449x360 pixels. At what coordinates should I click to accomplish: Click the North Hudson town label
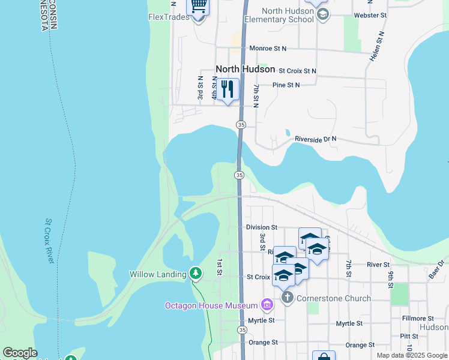[x=245, y=69]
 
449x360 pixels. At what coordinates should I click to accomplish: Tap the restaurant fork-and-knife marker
[x=228, y=90]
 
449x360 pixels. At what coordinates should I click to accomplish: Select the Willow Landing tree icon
[x=195, y=274]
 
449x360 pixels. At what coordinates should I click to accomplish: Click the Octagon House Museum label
[x=211, y=305]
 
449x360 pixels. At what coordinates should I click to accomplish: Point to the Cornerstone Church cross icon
[x=287, y=298]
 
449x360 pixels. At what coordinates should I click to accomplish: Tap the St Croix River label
[x=50, y=241]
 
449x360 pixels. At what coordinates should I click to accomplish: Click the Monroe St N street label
[x=268, y=48]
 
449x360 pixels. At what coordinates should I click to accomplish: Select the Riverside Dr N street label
[x=316, y=139]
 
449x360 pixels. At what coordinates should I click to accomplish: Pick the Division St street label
[x=261, y=227]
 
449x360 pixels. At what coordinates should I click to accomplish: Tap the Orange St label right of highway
[x=360, y=345]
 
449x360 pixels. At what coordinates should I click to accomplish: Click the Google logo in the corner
[x=20, y=353]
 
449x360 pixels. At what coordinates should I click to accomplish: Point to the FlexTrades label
[x=169, y=17]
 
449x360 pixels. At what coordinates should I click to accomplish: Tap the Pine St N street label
[x=286, y=85]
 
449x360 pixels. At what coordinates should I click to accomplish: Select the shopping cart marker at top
[x=199, y=6]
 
